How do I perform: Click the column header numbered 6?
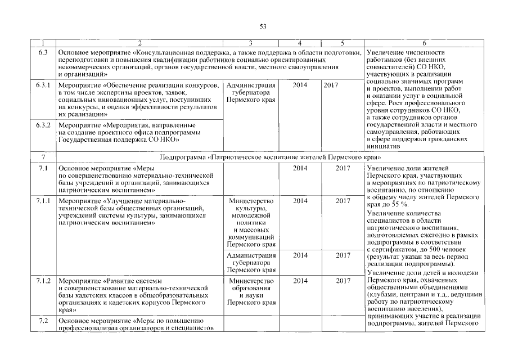424,43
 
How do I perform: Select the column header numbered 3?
250,43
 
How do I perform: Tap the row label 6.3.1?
43,85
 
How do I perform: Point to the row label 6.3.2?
43,124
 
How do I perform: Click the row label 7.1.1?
43,200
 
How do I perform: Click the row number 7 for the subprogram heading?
43,157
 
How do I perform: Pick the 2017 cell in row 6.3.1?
331,85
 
